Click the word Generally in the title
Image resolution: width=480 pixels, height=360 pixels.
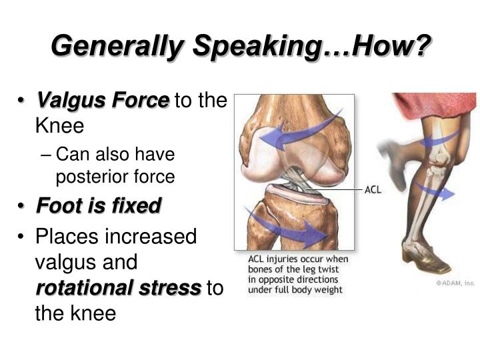point(117,47)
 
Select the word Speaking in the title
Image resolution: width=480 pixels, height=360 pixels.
point(257,47)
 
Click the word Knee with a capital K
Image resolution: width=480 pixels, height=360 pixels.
point(60,125)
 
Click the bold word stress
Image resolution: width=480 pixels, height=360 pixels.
point(170,288)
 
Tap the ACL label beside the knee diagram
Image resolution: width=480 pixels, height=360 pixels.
point(373,190)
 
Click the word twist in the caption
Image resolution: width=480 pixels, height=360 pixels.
point(328,269)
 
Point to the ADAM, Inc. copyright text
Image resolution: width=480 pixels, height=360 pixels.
point(455,283)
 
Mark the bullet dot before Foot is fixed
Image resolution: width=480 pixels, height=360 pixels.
point(21,206)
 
